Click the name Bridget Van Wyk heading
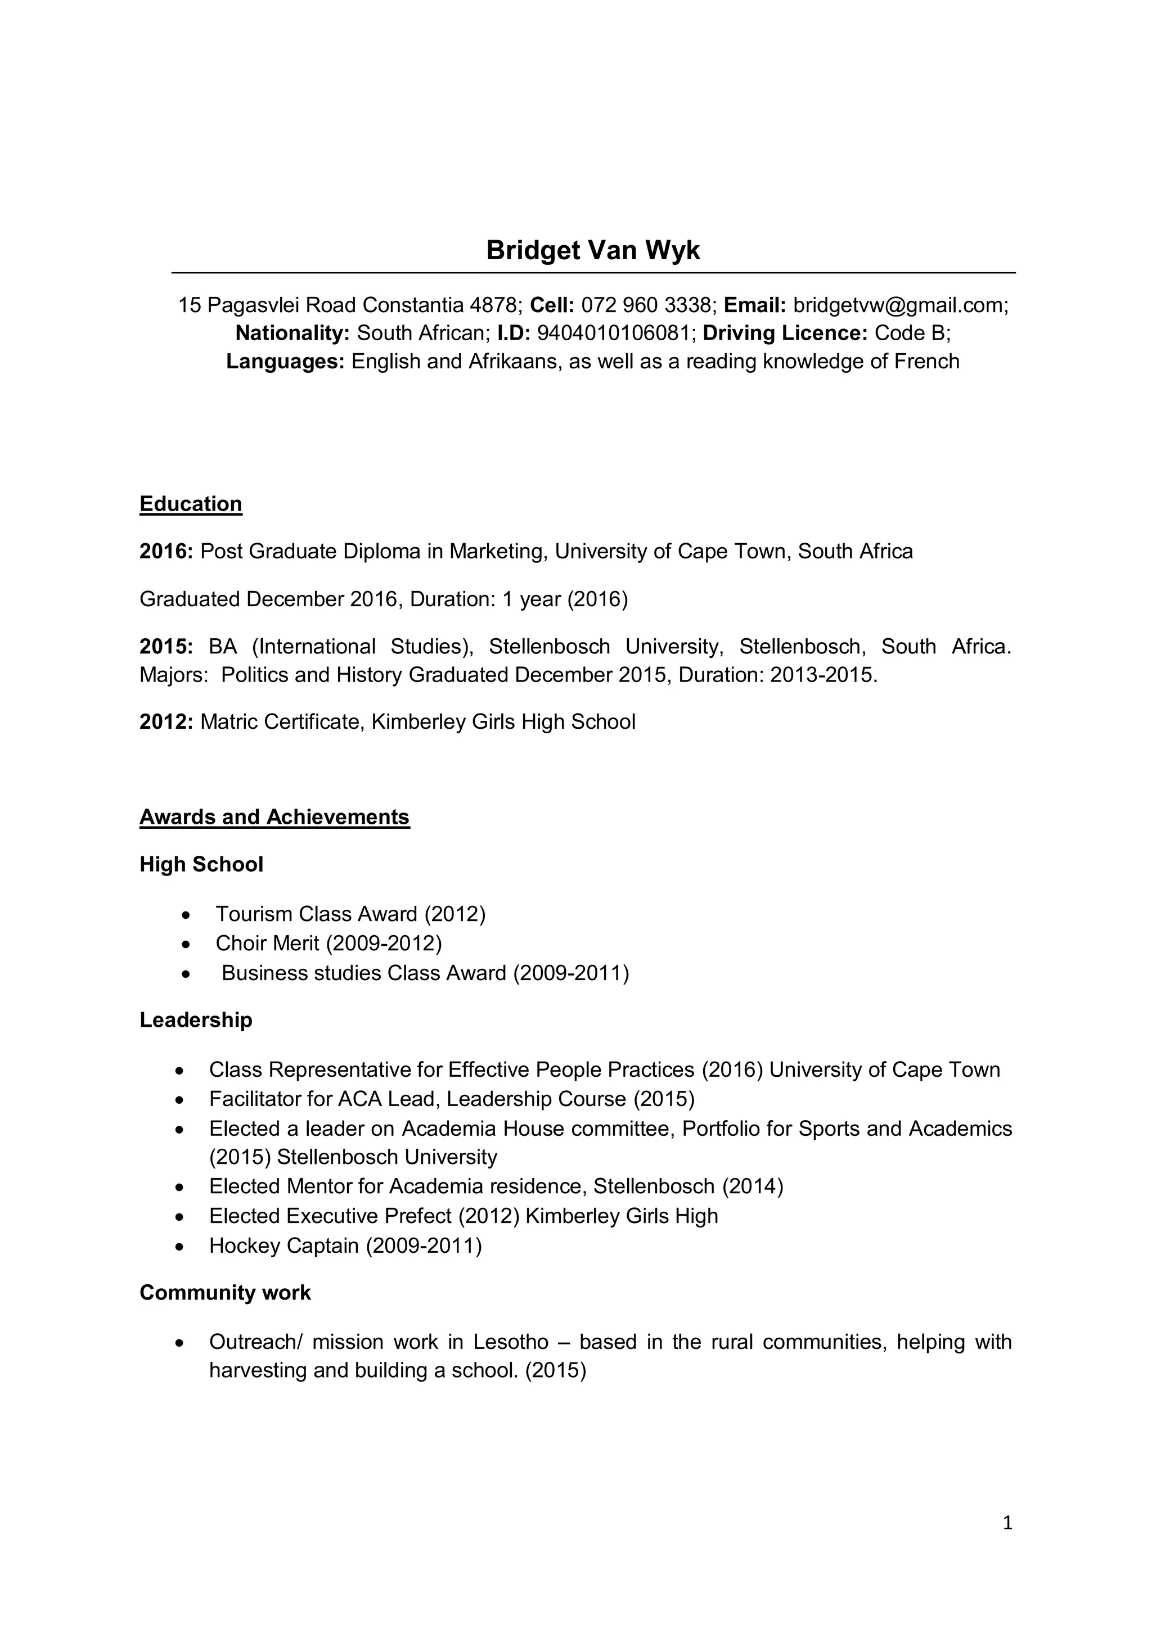(593, 250)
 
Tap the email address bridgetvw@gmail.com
(899, 305)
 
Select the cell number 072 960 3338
(645, 305)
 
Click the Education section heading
(191, 504)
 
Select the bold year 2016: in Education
(166, 551)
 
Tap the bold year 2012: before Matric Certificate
(166, 721)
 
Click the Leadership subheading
(196, 1019)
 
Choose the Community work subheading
(225, 1292)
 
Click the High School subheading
(201, 864)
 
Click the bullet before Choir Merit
(186, 944)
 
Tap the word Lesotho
(511, 1342)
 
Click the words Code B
(911, 333)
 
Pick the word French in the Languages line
(926, 362)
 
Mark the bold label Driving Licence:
(785, 333)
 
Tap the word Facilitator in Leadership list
(255, 1099)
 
